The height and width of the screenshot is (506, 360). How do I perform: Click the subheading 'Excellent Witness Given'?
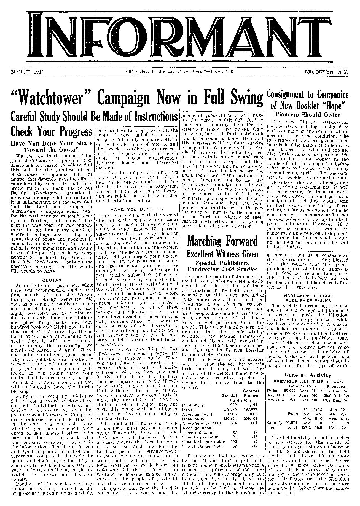(223, 254)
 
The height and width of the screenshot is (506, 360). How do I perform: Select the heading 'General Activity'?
(308, 375)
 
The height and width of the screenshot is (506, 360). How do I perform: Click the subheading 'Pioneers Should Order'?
(308, 115)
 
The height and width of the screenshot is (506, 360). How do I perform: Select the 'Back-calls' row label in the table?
(192, 418)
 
